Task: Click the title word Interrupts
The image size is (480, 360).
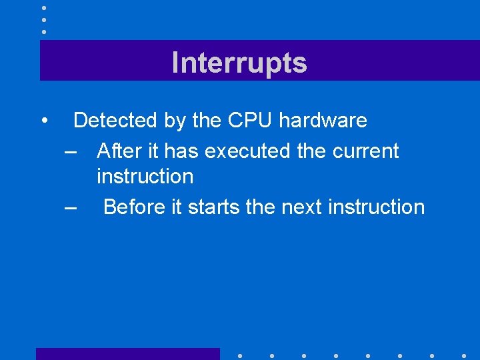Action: coord(239,63)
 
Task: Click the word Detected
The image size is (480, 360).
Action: coord(115,121)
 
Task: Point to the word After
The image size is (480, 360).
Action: coord(118,151)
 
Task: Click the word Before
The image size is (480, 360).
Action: coord(134,207)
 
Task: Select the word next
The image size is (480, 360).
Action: coord(302,207)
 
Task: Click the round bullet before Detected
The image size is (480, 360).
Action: coord(43,121)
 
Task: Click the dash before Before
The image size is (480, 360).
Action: coord(71,207)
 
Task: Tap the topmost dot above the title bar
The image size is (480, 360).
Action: coord(43,7)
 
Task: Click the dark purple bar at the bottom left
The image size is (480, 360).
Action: coord(127,353)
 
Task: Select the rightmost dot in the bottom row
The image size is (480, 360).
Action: coord(464,355)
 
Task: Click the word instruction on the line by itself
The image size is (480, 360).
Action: coord(145,177)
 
